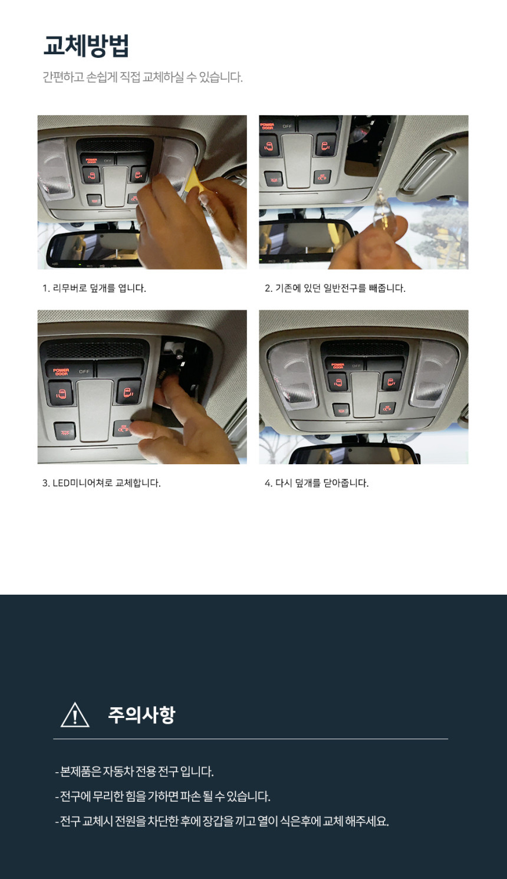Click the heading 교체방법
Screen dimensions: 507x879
click(86, 45)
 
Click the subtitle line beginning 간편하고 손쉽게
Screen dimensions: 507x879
click(143, 77)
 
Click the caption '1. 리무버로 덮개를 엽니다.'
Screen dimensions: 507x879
click(94, 288)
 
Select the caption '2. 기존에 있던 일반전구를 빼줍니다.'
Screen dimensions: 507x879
click(335, 288)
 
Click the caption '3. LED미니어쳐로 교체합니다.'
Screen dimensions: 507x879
click(101, 483)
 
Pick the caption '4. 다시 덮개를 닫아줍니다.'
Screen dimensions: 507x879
click(317, 483)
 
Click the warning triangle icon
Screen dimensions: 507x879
click(75, 715)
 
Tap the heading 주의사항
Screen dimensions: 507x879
click(141, 714)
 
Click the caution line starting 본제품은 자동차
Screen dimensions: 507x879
click(134, 772)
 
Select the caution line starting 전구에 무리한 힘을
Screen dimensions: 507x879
click(163, 796)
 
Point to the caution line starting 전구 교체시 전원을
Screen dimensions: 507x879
click(222, 821)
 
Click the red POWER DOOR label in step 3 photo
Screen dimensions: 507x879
click(61, 372)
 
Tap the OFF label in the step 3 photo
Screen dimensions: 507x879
click(84, 371)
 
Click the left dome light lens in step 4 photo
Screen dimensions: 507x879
click(292, 376)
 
